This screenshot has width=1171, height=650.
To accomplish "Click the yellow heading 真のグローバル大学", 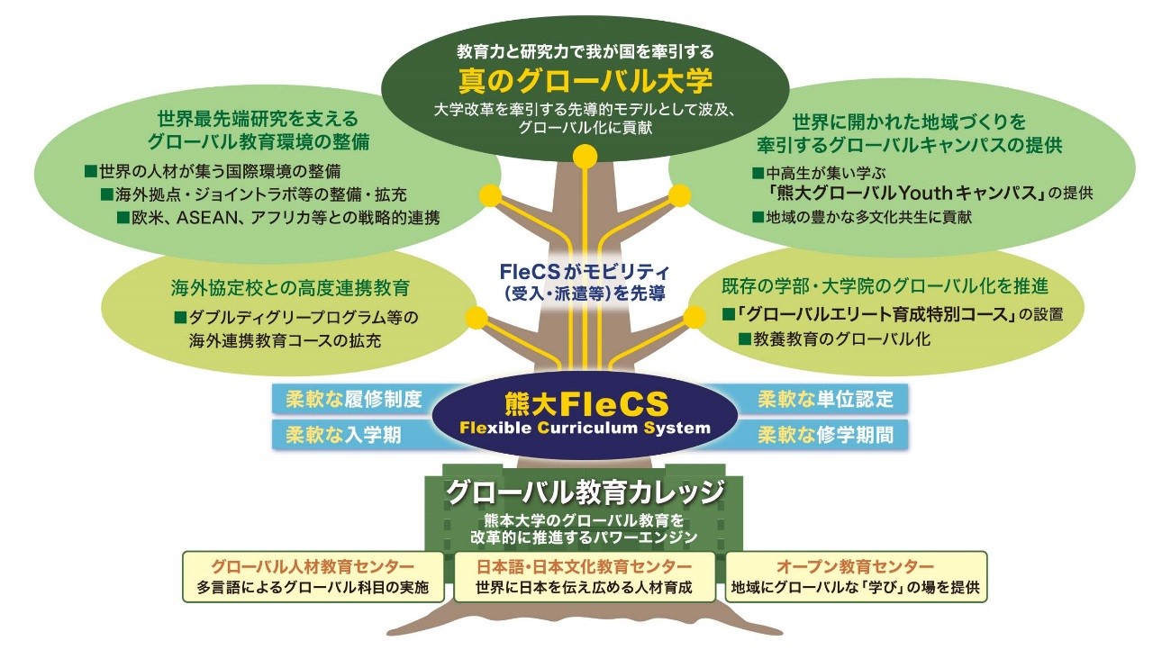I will (585, 81).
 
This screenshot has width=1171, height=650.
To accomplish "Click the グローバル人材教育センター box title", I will (313, 566).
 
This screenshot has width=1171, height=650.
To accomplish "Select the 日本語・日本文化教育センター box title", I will (585, 566).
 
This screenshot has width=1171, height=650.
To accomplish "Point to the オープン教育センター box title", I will (856, 566).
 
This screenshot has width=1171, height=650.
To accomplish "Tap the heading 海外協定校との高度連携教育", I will (290, 289).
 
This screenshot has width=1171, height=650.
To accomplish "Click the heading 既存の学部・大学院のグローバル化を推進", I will (885, 287).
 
